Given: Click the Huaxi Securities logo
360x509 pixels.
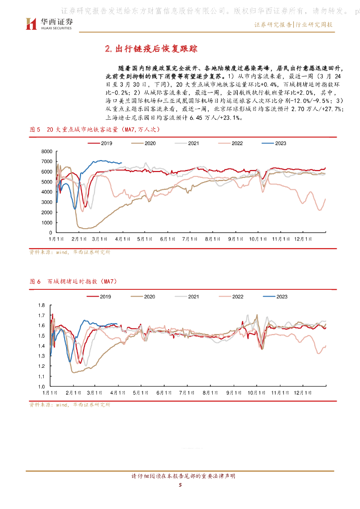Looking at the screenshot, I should click(x=49, y=23).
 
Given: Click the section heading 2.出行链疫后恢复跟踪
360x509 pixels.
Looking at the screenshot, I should click(x=152, y=48).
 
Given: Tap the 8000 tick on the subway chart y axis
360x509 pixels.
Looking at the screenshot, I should click(x=47, y=151).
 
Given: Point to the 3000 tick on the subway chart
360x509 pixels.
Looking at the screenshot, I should click(x=47, y=202).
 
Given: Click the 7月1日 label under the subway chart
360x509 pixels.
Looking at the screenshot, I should click(x=188, y=239).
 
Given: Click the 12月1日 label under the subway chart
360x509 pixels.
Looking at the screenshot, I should click(x=301, y=239).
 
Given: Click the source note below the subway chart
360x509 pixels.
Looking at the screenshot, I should click(x=70, y=252).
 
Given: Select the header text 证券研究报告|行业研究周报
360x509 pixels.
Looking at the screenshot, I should click(x=293, y=24).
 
